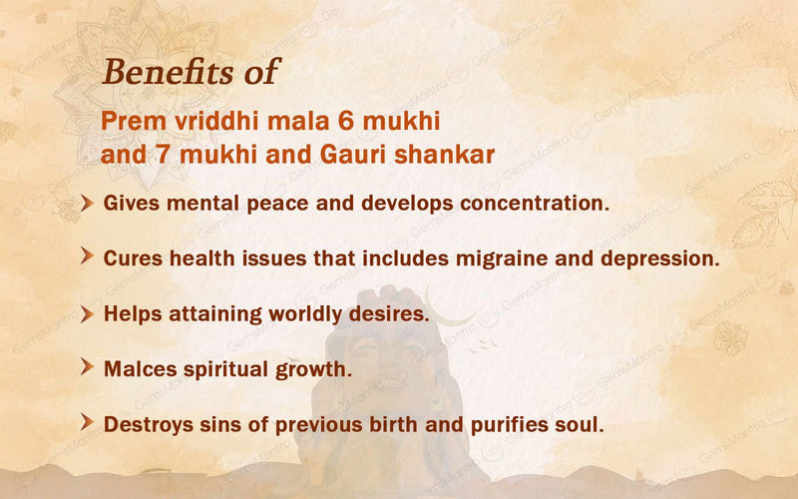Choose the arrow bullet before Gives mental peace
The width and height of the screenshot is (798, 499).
[88, 203]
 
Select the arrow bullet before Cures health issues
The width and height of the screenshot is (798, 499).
[88, 256]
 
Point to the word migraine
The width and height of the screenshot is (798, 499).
[525, 256]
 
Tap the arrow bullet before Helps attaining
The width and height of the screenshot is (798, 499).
[88, 312]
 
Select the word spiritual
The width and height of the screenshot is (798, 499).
[224, 368]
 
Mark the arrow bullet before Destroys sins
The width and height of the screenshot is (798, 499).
[88, 422]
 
